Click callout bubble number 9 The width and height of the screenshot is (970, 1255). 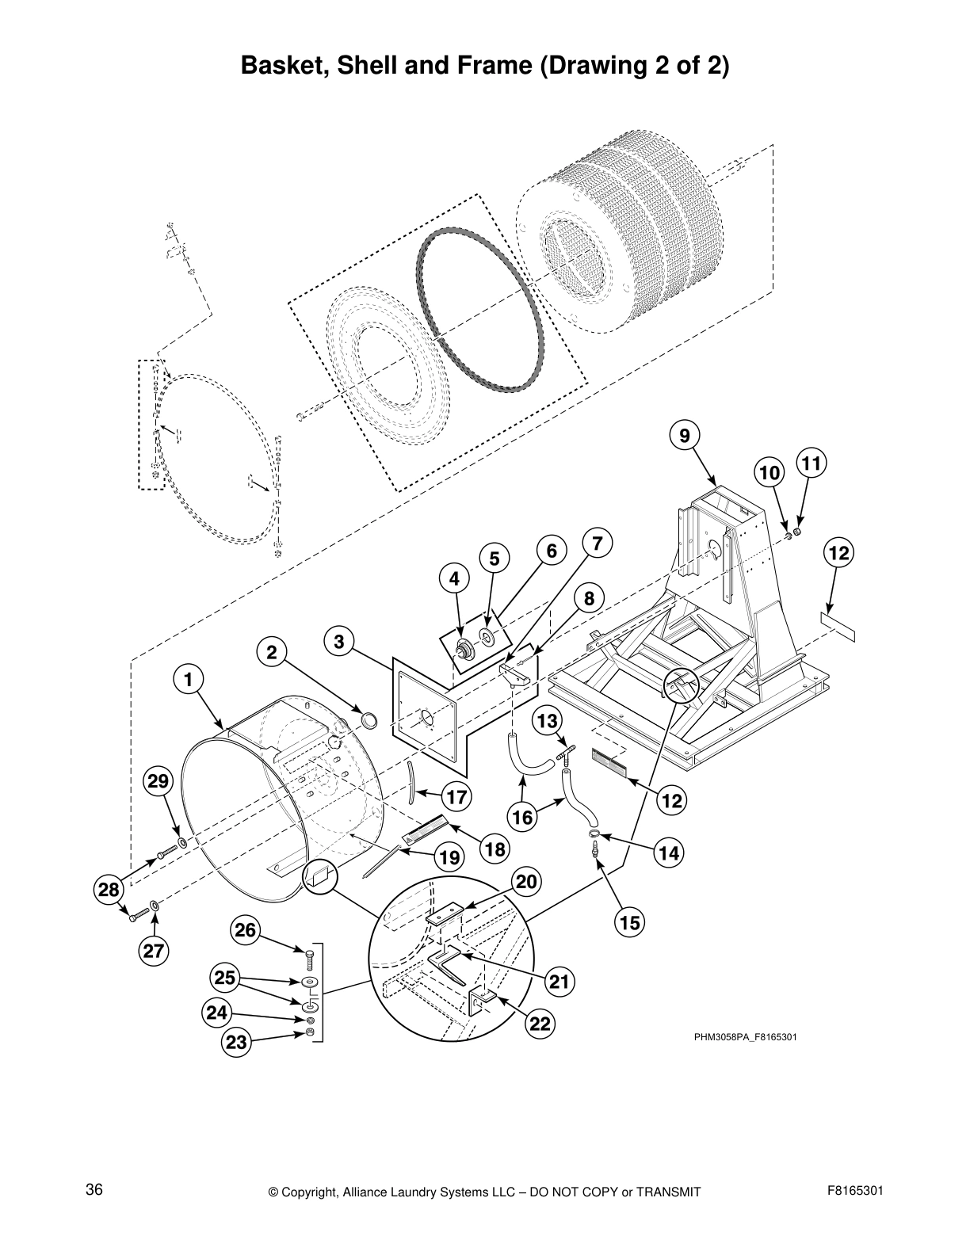point(684,434)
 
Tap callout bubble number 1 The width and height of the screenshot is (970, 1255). point(188,679)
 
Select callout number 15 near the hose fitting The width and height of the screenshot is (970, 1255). point(630,922)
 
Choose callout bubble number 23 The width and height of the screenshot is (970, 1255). point(237,1042)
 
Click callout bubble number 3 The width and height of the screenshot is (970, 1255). point(339,641)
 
